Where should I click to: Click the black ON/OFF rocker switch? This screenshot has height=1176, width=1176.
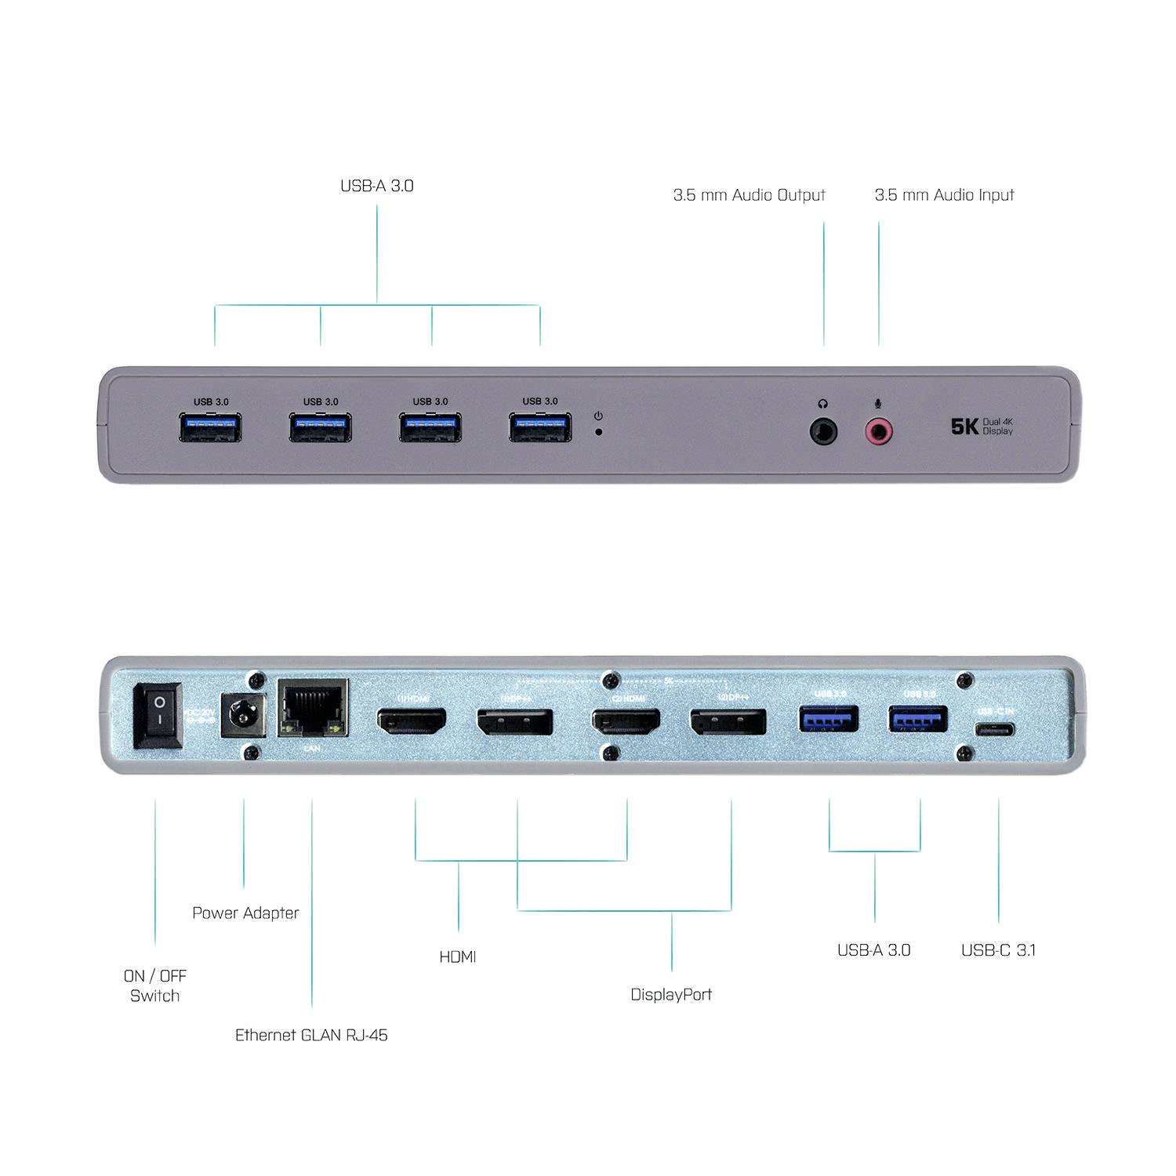[159, 715]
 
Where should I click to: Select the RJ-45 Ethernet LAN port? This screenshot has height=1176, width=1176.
[313, 709]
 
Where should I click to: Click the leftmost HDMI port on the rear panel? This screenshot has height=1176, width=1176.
[412, 720]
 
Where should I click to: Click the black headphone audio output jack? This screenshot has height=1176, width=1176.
[823, 431]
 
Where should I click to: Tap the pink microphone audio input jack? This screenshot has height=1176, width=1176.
[878, 431]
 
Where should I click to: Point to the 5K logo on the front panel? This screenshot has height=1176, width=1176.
[964, 426]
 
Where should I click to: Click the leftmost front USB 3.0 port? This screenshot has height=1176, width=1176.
[211, 428]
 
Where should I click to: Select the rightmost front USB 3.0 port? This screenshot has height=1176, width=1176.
[540, 428]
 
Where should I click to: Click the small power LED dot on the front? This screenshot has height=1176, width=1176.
[599, 431]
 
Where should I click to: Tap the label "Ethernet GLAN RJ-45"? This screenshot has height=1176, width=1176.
[311, 1035]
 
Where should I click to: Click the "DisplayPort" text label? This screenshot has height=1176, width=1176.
[671, 994]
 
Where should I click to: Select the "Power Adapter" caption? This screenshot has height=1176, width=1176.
[245, 913]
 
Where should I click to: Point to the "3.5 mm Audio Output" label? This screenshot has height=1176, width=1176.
[749, 194]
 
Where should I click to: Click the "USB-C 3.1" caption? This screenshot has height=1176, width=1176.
[998, 950]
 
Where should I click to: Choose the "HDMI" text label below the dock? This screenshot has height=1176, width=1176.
[458, 956]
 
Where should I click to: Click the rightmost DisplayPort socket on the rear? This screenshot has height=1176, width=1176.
[728, 721]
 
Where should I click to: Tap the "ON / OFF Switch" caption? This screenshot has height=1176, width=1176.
[155, 985]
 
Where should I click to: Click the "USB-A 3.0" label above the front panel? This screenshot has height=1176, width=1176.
[376, 186]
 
